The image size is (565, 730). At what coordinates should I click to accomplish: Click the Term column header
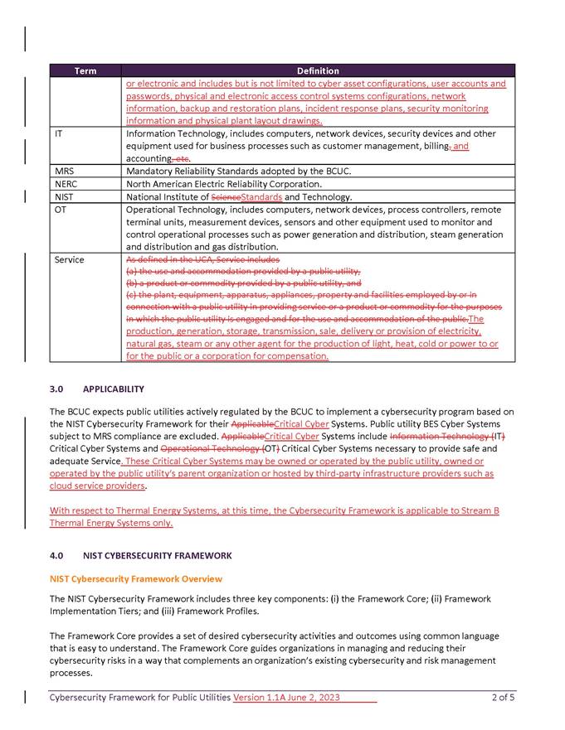point(85,71)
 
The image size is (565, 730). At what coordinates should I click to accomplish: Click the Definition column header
point(319,71)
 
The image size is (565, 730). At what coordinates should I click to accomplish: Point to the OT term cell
point(61,210)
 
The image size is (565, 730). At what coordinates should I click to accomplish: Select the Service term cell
point(69,259)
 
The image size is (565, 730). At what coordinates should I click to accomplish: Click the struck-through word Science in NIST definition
point(225,197)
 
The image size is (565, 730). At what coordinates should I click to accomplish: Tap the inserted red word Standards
point(261,197)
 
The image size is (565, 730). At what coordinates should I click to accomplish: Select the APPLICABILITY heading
point(114,389)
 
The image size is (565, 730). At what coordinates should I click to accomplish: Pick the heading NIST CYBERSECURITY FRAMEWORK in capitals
point(158,555)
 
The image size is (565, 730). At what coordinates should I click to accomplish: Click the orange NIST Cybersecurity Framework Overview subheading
point(136,578)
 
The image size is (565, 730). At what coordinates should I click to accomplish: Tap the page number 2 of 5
point(503,698)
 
